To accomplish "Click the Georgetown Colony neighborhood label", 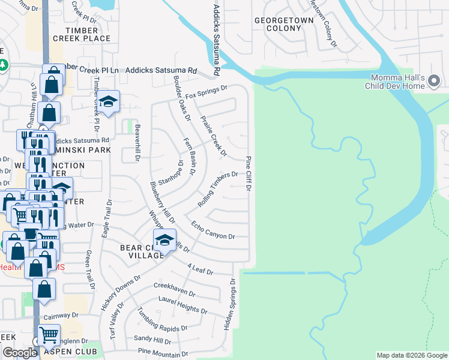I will (x=284, y=24).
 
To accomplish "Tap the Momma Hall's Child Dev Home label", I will (x=397, y=82).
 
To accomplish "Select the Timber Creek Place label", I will (x=82, y=34).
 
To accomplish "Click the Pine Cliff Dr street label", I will (x=248, y=174).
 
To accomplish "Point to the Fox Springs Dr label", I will (x=206, y=92).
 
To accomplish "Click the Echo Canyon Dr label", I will (x=213, y=232).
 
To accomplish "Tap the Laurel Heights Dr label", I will (x=182, y=305).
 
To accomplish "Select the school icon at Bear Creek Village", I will (x=164, y=241).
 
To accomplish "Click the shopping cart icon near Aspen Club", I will (x=49, y=334).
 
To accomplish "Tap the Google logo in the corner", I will (x=20, y=353).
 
